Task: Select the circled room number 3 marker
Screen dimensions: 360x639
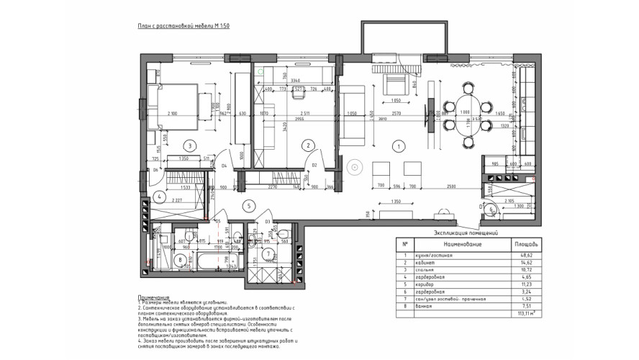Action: point(189,145)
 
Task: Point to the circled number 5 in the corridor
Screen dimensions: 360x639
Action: point(249,206)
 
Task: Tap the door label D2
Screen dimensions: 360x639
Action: point(315,166)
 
